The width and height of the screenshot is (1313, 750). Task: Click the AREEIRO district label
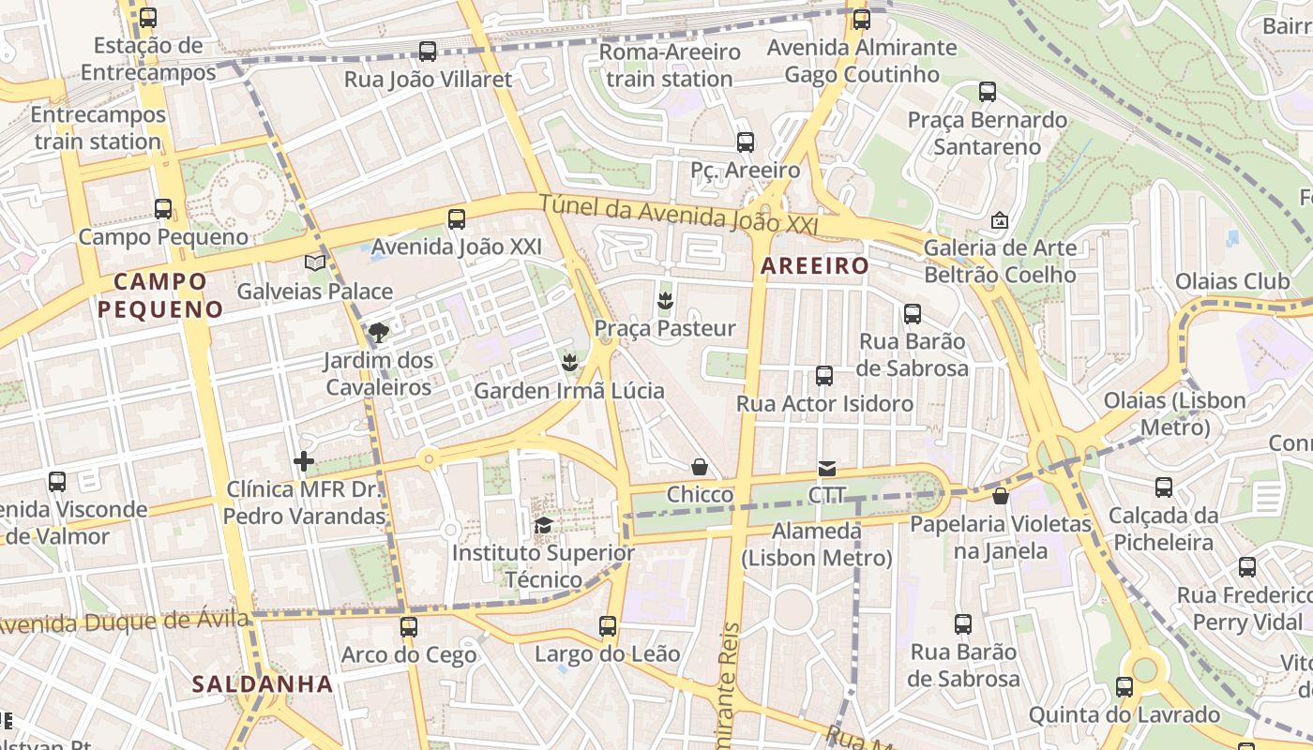click(815, 266)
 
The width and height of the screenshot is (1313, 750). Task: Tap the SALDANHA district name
click(263, 684)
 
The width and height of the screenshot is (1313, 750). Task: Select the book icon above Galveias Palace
click(315, 263)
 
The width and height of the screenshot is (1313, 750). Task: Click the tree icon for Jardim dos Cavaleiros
click(379, 332)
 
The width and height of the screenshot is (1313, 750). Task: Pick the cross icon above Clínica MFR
click(304, 460)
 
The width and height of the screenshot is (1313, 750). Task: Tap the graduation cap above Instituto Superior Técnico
click(543, 525)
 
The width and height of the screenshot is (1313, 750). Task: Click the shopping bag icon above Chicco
click(700, 466)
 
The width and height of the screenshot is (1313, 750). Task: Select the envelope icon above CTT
click(826, 468)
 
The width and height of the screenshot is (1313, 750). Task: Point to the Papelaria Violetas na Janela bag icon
click(1001, 496)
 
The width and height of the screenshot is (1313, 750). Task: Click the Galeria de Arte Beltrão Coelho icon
click(1000, 221)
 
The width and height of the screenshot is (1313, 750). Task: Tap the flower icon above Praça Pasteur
click(665, 300)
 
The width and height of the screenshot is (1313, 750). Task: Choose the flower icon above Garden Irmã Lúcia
click(568, 361)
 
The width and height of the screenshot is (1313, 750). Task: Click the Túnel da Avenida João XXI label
click(679, 215)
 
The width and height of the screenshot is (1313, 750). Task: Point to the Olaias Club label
click(1232, 281)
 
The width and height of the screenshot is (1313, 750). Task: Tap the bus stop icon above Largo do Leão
click(608, 625)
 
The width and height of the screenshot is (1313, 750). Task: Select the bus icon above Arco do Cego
click(409, 626)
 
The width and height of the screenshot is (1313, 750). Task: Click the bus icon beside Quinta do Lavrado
click(1124, 687)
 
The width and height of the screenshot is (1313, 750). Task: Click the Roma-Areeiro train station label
click(670, 65)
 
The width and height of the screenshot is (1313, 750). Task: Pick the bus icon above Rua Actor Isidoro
click(824, 376)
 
